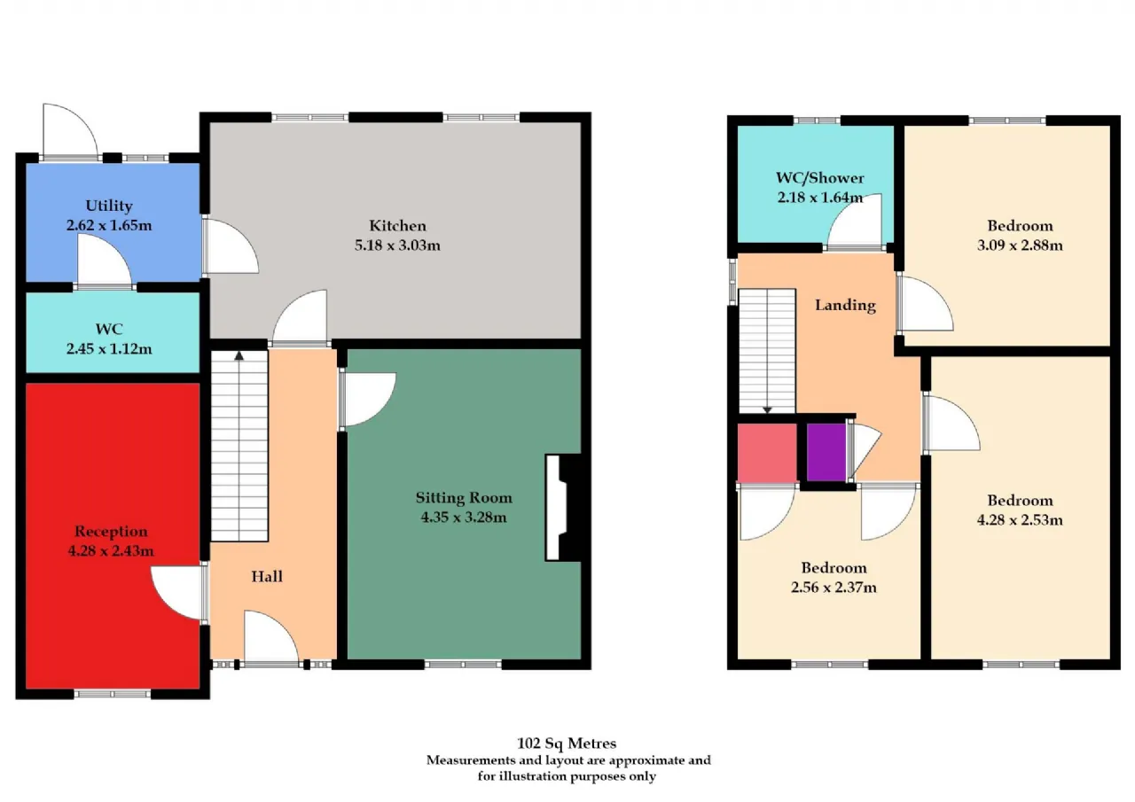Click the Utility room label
point(109,206)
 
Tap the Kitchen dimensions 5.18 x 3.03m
point(397,245)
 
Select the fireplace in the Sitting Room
point(563,507)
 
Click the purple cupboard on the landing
point(826,452)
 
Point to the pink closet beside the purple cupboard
point(767,452)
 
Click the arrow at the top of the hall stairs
point(239,356)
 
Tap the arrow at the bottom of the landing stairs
point(767,410)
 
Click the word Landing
point(845,306)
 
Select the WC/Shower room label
point(820,178)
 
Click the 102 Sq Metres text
point(567,744)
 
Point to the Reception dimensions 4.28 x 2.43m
point(111,551)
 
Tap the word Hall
point(267,576)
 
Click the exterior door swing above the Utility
point(70,130)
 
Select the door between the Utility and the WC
point(105,262)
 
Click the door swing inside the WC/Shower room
point(854,222)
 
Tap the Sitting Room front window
point(463,665)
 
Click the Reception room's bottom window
point(113,694)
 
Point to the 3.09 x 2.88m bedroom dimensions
point(1020,245)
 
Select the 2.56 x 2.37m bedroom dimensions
point(834,588)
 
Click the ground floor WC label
point(109,329)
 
